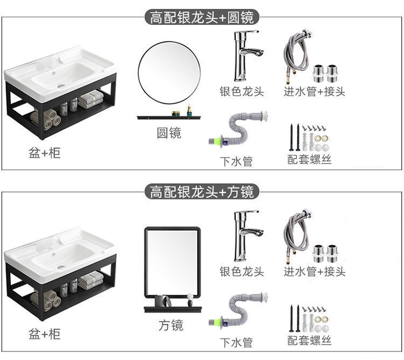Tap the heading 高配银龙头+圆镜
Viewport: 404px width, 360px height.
pos(202,17)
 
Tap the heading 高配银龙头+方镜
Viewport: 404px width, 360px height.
pos(202,191)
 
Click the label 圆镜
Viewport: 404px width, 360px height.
pos(169,133)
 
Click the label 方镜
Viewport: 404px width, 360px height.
pos(171,325)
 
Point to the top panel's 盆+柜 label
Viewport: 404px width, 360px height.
pos(44,153)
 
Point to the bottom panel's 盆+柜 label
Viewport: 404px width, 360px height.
pos(44,334)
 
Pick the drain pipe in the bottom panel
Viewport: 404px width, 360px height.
pos(237,313)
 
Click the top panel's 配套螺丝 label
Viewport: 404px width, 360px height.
pos(309,160)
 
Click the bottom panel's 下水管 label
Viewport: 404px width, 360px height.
pos(236,342)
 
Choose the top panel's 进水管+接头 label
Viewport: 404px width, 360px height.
pos(315,91)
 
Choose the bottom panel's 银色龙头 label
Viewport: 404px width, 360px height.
pos(241,271)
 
